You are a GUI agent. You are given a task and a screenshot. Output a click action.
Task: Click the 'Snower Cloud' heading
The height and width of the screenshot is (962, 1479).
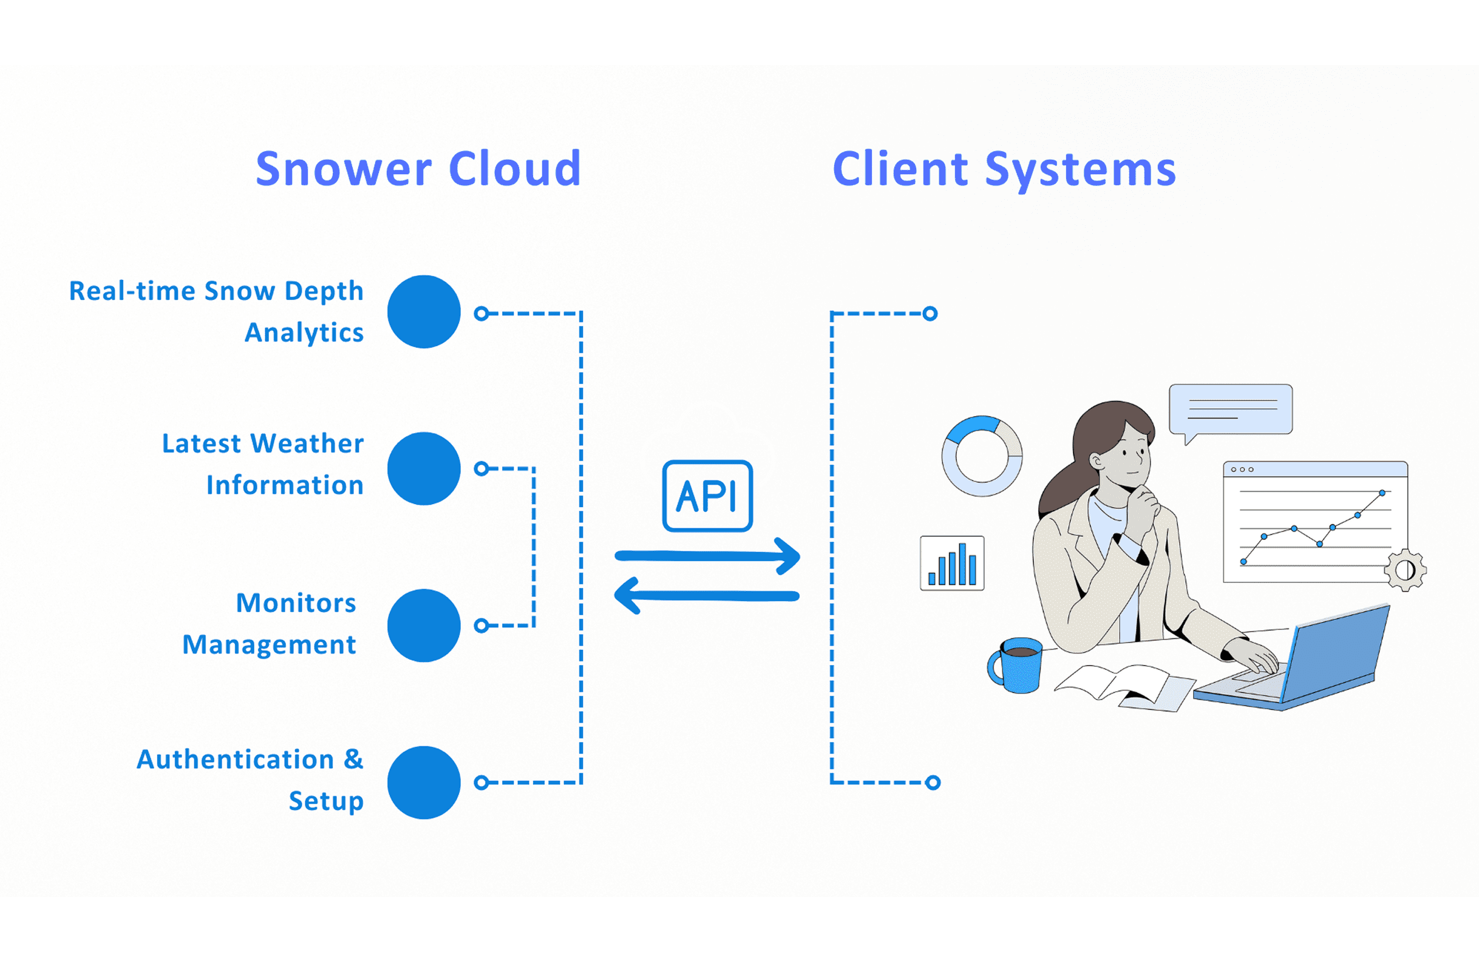tap(418, 168)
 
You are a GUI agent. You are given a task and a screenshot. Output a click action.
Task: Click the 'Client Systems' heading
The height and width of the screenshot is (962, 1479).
tap(1004, 168)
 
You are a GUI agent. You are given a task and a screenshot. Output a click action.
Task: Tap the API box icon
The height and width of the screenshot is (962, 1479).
tap(707, 496)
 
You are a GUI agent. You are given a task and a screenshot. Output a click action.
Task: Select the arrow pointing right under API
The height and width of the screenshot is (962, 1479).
tap(707, 556)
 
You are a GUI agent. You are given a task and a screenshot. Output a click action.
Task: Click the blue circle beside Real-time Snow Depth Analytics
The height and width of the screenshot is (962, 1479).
tap(424, 312)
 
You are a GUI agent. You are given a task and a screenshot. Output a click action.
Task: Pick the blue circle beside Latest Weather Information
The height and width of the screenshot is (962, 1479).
tap(424, 469)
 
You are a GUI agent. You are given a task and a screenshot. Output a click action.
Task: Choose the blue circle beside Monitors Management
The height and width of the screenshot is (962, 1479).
tap(424, 625)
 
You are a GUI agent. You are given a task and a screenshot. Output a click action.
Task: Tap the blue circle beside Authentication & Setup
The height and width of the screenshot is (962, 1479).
tap(424, 782)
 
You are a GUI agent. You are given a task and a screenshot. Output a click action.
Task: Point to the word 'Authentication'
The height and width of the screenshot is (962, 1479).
tap(236, 759)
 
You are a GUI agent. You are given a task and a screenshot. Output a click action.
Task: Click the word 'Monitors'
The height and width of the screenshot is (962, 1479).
tap(296, 603)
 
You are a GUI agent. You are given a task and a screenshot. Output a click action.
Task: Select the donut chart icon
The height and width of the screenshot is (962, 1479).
tap(982, 456)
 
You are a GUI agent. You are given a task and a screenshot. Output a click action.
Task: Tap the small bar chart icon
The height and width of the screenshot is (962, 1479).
tap(952, 563)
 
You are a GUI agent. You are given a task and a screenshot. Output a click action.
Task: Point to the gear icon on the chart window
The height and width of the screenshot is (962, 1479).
tap(1405, 570)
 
